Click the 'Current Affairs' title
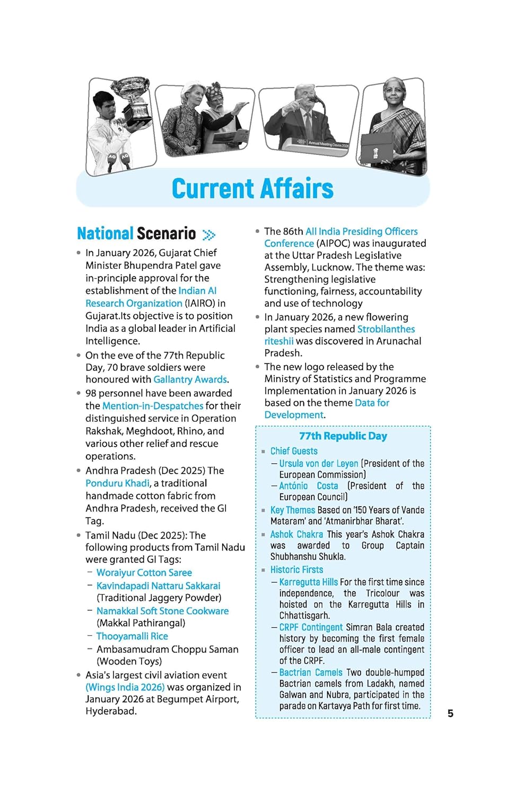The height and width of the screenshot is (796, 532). click(x=252, y=189)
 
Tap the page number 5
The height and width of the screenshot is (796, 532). click(x=450, y=713)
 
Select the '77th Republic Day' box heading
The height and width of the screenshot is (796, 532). click(x=343, y=436)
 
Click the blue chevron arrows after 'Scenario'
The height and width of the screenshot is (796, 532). click(x=209, y=235)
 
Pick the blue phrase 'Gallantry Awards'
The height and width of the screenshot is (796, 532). click(x=190, y=379)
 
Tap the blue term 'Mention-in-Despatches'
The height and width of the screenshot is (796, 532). click(x=153, y=406)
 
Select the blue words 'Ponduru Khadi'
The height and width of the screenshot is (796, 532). click(x=117, y=483)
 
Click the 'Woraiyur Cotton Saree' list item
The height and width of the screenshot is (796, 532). click(x=144, y=573)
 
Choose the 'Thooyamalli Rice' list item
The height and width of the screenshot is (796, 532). click(x=132, y=636)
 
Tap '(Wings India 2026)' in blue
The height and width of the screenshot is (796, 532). click(x=125, y=687)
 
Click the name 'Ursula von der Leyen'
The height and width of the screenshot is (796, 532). click(x=319, y=463)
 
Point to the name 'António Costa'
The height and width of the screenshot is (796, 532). click(x=308, y=486)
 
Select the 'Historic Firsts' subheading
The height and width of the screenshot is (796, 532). click(x=296, y=570)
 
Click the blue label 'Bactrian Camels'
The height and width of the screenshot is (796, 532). click(x=311, y=673)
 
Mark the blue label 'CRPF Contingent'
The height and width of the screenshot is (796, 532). click(x=311, y=627)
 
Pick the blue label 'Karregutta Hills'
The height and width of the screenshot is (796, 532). click(x=308, y=582)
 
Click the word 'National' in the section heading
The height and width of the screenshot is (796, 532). click(x=105, y=233)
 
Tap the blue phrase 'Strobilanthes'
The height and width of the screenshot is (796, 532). click(x=386, y=330)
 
